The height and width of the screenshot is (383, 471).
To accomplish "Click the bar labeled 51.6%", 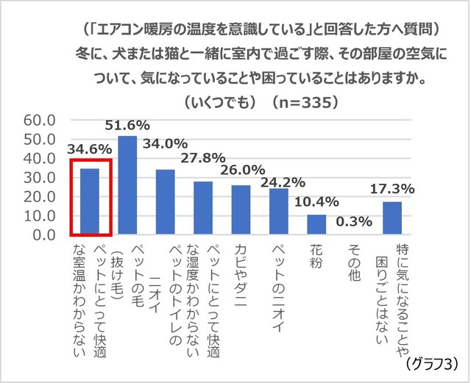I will point(127,185).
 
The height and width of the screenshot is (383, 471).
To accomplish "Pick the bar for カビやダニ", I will point(241,210).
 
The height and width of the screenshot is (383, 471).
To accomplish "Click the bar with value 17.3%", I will point(392,218).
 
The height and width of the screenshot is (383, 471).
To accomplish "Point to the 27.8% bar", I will point(203,209).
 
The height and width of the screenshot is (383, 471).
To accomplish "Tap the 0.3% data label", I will point(354,221).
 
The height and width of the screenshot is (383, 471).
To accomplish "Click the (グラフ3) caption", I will point(432,363).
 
